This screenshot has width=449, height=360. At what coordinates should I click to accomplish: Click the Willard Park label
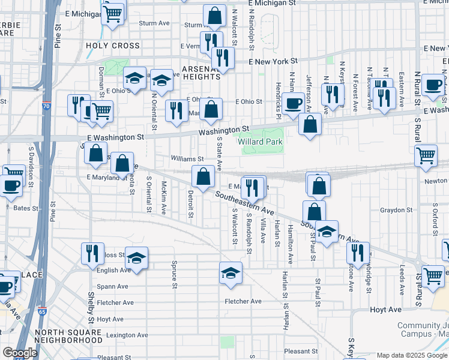click(260, 142)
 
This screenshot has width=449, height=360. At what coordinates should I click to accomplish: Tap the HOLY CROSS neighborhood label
click(113, 46)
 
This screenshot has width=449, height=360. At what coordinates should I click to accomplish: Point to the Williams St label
click(188, 159)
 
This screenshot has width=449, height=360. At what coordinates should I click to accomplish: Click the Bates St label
click(26, 208)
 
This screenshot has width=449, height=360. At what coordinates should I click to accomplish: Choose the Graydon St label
click(394, 210)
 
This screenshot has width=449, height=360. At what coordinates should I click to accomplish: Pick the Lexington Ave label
click(122, 335)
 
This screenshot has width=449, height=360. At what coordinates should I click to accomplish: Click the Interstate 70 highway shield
click(47, 107)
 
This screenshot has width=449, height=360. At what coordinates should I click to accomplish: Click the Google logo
click(20, 353)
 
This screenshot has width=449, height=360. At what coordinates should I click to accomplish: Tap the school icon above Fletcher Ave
click(231, 274)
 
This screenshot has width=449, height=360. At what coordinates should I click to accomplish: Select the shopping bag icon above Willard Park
click(310, 125)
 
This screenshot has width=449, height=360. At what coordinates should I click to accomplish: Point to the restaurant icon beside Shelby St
click(92, 253)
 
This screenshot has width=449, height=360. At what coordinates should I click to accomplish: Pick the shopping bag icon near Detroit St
click(203, 176)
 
